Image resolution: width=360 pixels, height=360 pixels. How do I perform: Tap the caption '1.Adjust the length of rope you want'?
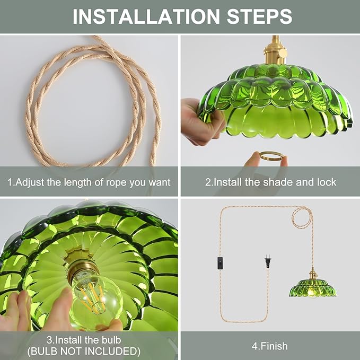click(x=89, y=182)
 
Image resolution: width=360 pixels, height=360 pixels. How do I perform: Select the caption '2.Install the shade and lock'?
click(x=270, y=182)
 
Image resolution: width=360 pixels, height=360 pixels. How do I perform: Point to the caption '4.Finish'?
click(x=270, y=346)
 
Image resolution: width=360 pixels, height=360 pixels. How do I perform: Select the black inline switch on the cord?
click(x=220, y=262)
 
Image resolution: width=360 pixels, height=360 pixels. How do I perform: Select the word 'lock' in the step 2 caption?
click(x=325, y=182)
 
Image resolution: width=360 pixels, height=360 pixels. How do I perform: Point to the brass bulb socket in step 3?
click(x=81, y=265)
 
